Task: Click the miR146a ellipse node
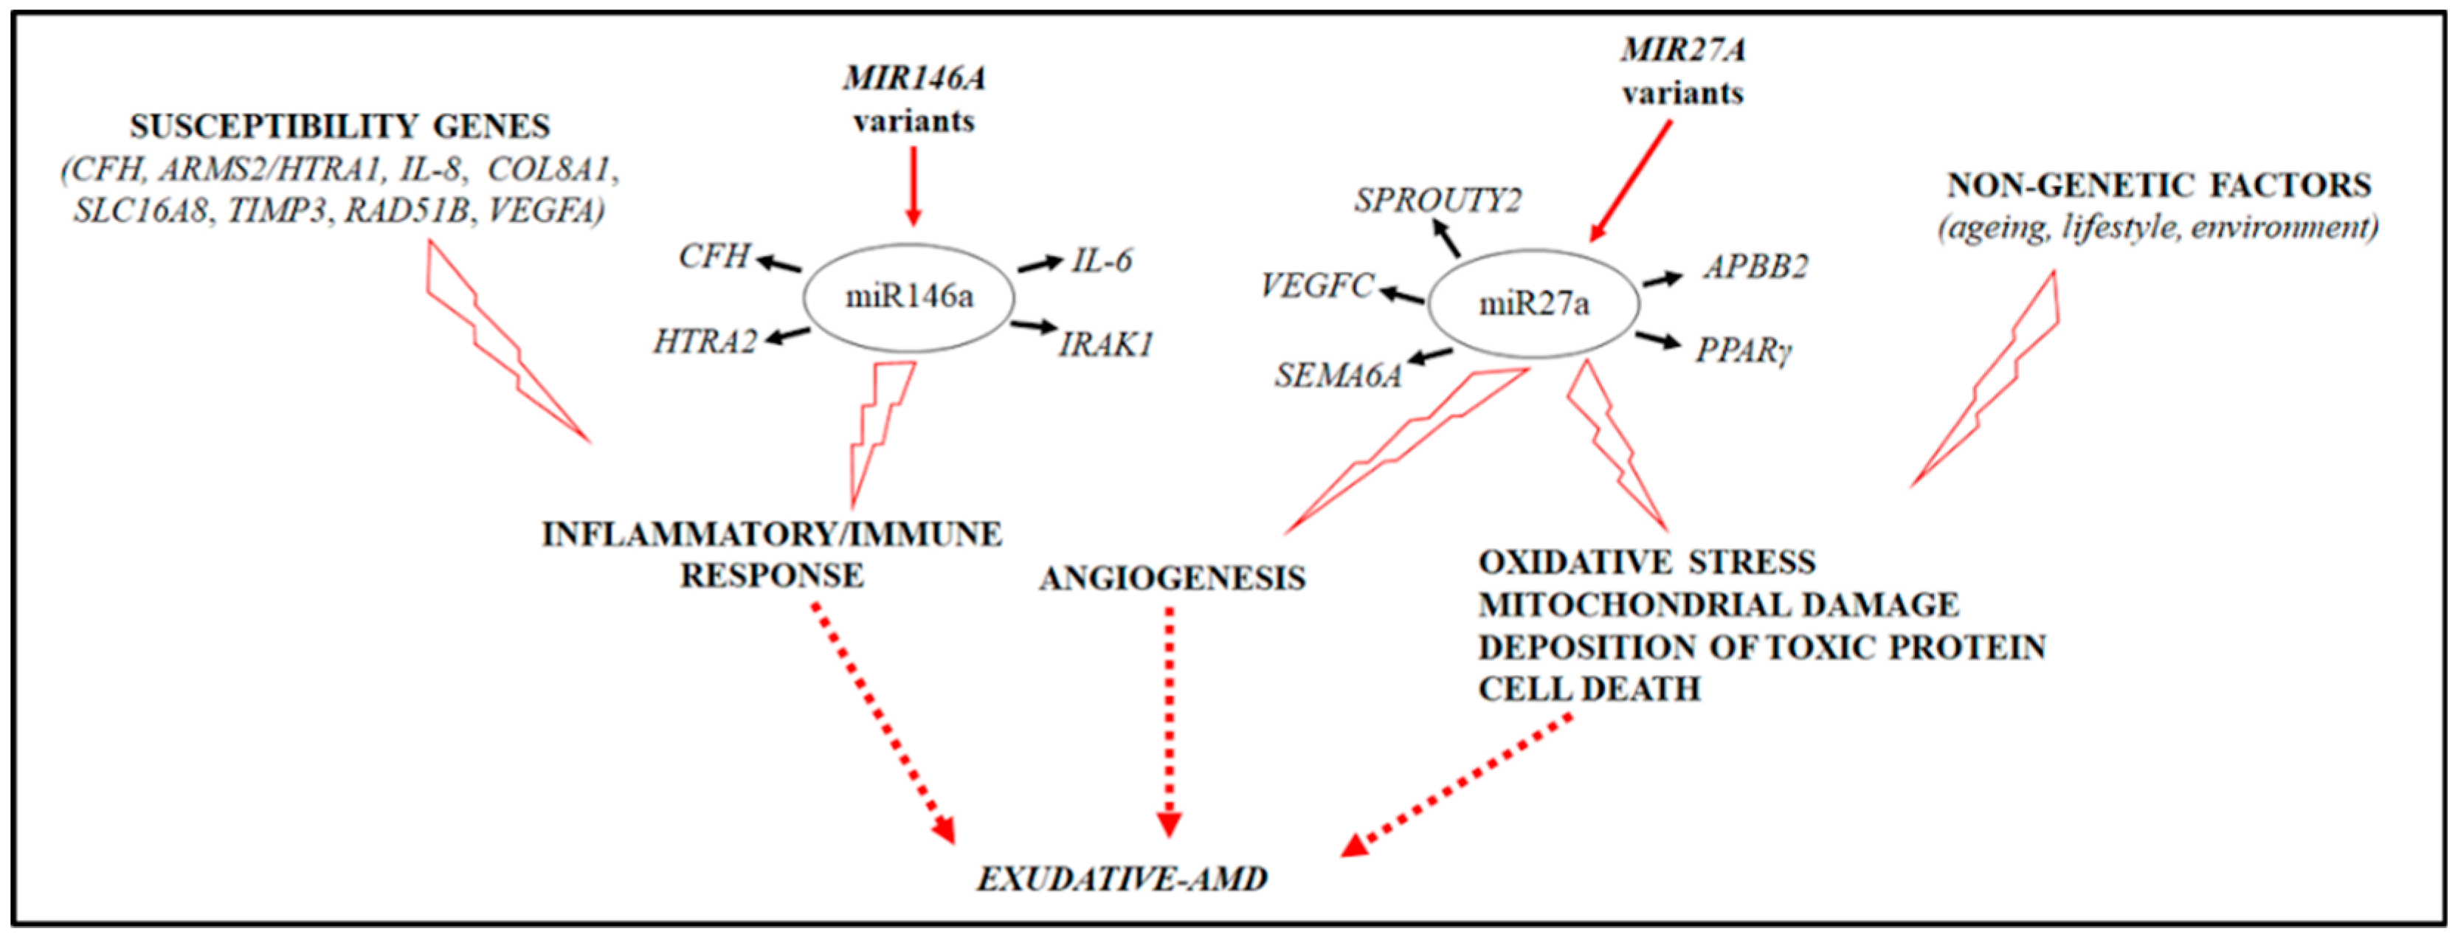pos(908,297)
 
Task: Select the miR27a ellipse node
pos(1533,304)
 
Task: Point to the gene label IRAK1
pos(1105,344)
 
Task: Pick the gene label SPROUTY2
pos(1437,200)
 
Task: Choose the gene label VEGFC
pos(1316,285)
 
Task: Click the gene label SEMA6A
pos(1338,376)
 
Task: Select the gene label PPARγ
pos(1743,350)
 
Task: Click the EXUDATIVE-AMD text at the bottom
pos(1122,879)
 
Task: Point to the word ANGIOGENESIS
pos(1173,578)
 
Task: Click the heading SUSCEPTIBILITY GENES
pos(340,127)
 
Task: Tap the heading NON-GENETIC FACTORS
pos(2158,185)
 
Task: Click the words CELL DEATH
pos(1589,689)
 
